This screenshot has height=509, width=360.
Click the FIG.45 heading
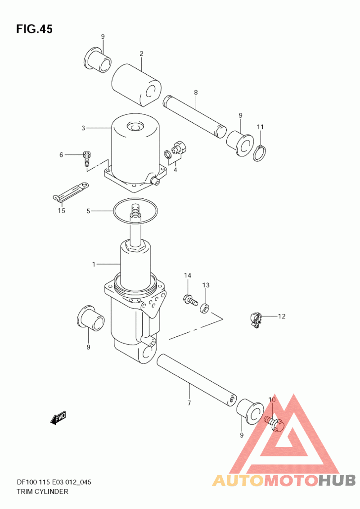34,29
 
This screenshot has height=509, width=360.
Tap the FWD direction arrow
58,417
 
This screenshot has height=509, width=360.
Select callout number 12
281,316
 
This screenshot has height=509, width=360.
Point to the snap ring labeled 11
260,153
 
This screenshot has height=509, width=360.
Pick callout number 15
61,210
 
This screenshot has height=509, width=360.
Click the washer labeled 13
205,308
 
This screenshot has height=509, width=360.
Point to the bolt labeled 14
190,299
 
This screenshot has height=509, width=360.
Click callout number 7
189,403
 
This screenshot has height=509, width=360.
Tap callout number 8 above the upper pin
196,93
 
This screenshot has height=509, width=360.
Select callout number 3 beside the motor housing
83,128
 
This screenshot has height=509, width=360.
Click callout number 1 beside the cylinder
94,264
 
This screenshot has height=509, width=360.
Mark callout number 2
141,54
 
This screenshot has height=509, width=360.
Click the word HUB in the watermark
337,480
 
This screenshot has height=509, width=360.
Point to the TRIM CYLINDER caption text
43,491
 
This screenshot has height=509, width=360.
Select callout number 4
175,170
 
